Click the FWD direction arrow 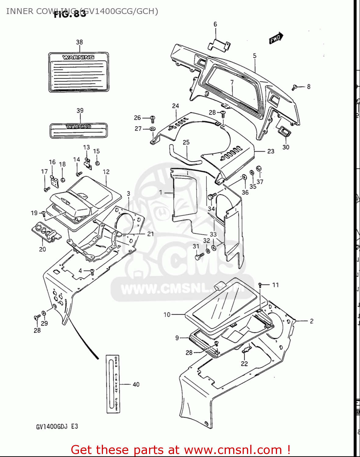pyautogui.click(x=276, y=38)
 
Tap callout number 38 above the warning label pyautogui.click(x=79, y=42)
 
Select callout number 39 pyautogui.click(x=80, y=110)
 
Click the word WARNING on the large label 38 pyautogui.click(x=78, y=57)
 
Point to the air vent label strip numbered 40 pyautogui.click(x=113, y=384)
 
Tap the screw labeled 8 pyautogui.click(x=294, y=87)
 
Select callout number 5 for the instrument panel pyautogui.click(x=255, y=56)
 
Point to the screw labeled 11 pyautogui.click(x=260, y=285)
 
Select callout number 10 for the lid pyautogui.click(x=167, y=314)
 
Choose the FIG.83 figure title pyautogui.click(x=70, y=14)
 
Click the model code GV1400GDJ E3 pyautogui.click(x=57, y=426)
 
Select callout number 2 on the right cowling pyautogui.click(x=312, y=321)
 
